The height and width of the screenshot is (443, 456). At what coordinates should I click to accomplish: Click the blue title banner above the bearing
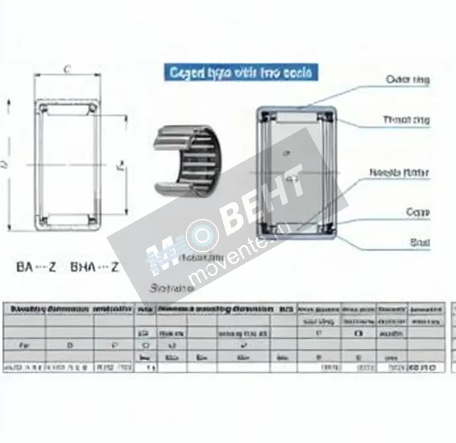click(241, 72)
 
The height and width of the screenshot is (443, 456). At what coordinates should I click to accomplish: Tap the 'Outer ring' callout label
click(407, 79)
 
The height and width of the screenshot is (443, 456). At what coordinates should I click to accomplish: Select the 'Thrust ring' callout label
click(406, 120)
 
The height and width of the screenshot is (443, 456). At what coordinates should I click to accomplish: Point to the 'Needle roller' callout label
click(399, 173)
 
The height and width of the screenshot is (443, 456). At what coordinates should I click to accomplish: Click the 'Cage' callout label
click(418, 212)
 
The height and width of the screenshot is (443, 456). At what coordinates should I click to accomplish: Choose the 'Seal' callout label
click(420, 242)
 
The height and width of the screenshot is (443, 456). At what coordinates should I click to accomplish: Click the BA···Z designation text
click(36, 267)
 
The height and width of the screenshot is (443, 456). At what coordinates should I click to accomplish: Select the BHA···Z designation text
click(95, 267)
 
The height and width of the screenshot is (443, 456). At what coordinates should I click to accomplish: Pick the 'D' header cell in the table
click(70, 345)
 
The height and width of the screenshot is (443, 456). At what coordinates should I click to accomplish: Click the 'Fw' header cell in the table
click(24, 345)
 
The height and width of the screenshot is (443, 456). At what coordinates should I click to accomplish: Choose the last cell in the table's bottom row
click(426, 368)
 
